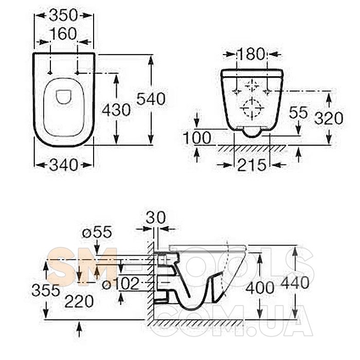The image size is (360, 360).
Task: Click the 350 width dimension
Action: coord(63,15)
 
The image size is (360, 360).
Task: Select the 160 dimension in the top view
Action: coord(63,34)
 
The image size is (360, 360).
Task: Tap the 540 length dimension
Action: coord(151,99)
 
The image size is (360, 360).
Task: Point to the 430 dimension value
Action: coord(116,110)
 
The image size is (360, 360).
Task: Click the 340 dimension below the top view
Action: coord(63,165)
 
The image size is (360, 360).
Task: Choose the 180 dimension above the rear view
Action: coord(251,54)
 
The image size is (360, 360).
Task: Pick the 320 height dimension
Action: coord(329,118)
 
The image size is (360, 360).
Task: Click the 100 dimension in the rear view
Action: coord(197,138)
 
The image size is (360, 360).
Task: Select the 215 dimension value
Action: coord(252,165)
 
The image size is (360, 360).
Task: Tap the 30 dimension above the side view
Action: coord(156,218)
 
